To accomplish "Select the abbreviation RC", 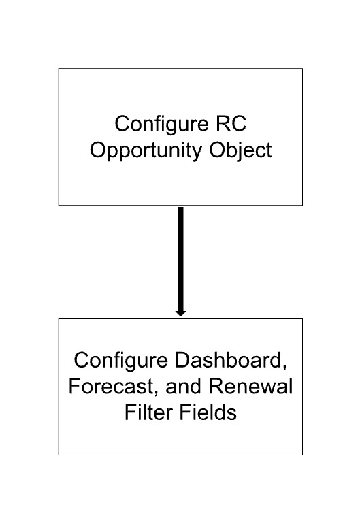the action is [231, 124].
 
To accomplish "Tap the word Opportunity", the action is [146, 152].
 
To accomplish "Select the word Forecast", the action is [112, 387].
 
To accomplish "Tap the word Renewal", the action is [250, 387].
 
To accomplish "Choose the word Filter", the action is [148, 412].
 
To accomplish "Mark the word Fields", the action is [208, 412].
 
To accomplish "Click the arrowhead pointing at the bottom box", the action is [180, 314].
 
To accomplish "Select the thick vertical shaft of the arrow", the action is [180, 259].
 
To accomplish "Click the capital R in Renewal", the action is [216, 387].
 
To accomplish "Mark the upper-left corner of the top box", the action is [59, 69].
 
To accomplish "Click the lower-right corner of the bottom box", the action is [302, 455].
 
